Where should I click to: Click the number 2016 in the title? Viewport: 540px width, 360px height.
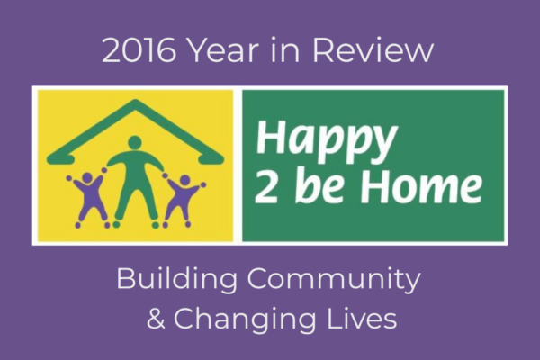click(139, 50)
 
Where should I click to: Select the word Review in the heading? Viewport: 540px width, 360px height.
click(373, 50)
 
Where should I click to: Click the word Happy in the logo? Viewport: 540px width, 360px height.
click(327, 141)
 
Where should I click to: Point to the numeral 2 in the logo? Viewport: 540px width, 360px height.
click(265, 185)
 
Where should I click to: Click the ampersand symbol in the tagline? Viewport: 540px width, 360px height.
click(156, 319)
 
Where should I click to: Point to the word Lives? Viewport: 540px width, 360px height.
click(362, 319)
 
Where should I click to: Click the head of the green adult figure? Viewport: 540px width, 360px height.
click(135, 142)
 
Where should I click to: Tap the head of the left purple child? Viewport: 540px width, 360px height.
click(87, 178)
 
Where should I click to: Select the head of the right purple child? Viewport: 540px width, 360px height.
click(184, 180)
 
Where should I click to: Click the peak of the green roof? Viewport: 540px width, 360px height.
click(136, 103)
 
